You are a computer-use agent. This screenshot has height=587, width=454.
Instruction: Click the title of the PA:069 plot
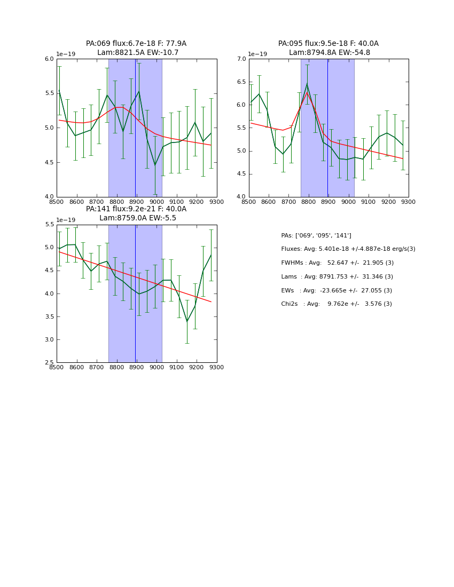pos(136,48)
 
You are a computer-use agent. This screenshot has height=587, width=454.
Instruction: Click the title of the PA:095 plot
pos(328,48)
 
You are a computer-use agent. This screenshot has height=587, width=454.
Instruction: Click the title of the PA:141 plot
pos(136,213)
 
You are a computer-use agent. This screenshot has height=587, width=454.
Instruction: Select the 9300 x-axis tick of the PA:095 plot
pos(409,202)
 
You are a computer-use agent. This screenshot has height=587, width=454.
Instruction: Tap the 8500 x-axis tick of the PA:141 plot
pos(57,367)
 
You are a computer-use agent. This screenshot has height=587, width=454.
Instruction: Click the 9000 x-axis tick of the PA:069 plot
pos(156,202)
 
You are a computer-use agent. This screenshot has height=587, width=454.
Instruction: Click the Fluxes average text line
pos(348,249)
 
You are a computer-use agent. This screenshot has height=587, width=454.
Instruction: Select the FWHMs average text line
pos(337,263)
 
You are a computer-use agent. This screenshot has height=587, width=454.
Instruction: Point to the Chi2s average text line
pos(336,304)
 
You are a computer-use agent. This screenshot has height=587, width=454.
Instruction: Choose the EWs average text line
pos(336,290)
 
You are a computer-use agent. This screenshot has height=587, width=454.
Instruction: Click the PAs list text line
pos(316,235)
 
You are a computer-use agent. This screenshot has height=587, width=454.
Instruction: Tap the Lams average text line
pos(336,276)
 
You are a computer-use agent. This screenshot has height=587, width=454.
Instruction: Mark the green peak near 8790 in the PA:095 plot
pos(307,84)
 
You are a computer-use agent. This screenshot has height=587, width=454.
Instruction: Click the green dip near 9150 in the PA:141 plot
pos(187,321)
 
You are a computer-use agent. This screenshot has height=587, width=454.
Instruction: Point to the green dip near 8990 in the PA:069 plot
pos(155,165)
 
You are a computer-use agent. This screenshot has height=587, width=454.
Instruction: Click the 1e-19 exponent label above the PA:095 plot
pos(258,54)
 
